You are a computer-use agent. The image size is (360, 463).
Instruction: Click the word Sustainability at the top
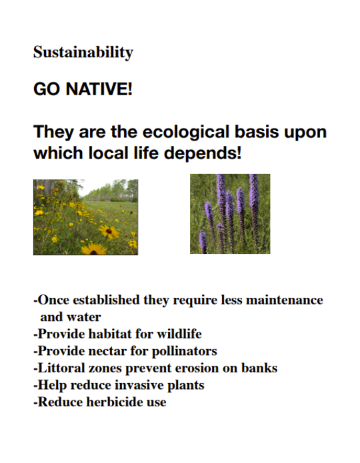point(83,53)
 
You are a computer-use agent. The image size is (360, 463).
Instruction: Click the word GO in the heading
point(45,89)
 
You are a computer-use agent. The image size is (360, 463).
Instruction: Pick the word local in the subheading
point(109,153)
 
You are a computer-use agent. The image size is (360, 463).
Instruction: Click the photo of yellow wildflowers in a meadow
point(85,217)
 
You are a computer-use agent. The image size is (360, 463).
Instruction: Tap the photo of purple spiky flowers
point(230,213)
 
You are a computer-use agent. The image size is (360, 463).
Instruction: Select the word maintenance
point(284,300)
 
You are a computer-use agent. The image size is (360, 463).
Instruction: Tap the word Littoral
point(61,368)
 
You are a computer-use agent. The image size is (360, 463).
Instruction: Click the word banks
point(258,368)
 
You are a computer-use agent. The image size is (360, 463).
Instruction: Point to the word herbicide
point(113,402)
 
